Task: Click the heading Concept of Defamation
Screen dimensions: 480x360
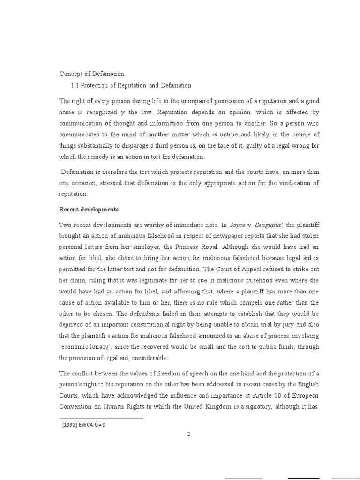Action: [x=92, y=74]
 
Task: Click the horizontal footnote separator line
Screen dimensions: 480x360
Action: [x=101, y=418]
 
